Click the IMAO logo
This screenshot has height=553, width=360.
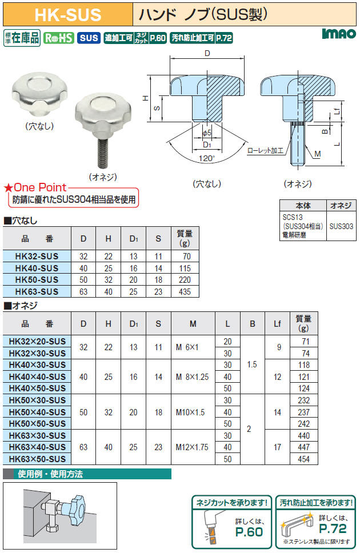[x=339, y=34]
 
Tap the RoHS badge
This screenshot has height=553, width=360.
[x=59, y=38]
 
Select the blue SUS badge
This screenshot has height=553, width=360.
[x=89, y=38]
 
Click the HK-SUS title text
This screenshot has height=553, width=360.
[x=68, y=15]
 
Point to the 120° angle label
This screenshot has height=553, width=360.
[x=206, y=158]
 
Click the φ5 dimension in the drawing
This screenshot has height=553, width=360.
[x=206, y=133]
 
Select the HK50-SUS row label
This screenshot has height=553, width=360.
[x=37, y=280]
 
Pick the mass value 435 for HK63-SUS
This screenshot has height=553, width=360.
[x=185, y=292]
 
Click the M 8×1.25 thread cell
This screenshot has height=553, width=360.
[x=193, y=376]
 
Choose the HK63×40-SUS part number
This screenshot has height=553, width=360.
[x=37, y=447]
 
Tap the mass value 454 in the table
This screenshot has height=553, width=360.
[x=303, y=459]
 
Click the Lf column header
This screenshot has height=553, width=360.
[x=277, y=323]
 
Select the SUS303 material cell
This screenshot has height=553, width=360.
[x=341, y=226]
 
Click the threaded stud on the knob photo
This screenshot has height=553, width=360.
[x=101, y=151]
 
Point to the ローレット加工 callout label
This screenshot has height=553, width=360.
[x=265, y=151]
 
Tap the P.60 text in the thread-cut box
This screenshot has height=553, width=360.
[x=249, y=532]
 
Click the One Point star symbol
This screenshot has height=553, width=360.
[x=8, y=188]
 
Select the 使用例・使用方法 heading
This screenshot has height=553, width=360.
[x=50, y=474]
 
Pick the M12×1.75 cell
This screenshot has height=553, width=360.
[x=192, y=447]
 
